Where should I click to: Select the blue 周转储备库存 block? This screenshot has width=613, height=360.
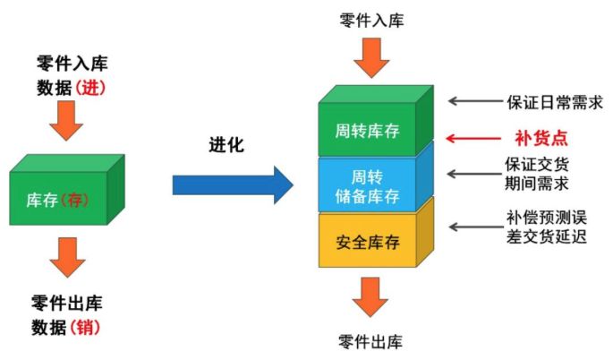coord(367,184)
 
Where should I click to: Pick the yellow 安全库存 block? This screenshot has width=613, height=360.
coord(367,242)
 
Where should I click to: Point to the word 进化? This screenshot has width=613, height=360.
coord(226,144)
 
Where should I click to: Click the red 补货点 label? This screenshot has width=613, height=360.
coord(541,139)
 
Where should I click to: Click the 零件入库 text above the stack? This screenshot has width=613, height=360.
coord(371,19)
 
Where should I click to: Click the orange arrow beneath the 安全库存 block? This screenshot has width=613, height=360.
coord(371,296)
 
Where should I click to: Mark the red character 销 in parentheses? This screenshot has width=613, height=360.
coord(89,327)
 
